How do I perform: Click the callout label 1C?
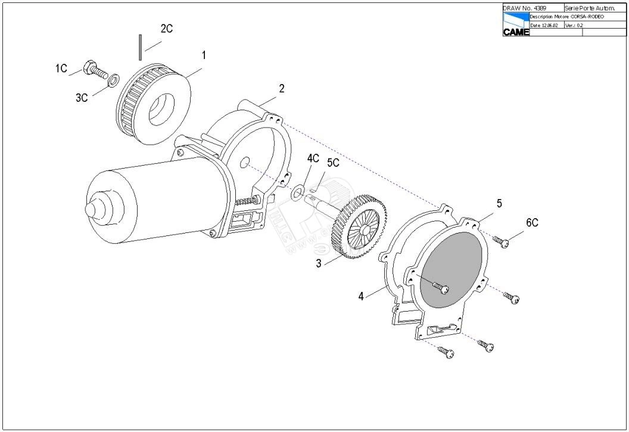pyautogui.click(x=61, y=69)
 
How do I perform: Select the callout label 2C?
pyautogui.click(x=167, y=29)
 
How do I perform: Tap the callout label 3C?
pyautogui.click(x=82, y=98)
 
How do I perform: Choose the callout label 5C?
pyautogui.click(x=333, y=163)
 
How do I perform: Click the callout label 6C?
pyautogui.click(x=532, y=223)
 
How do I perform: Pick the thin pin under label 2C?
pyautogui.click(x=139, y=47)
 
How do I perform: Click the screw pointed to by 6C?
pyautogui.click(x=501, y=241)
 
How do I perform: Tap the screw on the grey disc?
pyautogui.click(x=441, y=288)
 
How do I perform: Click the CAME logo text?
pyautogui.click(x=516, y=32)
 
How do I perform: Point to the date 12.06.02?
pyautogui.click(x=549, y=25)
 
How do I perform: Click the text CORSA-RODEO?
pyautogui.click(x=587, y=17)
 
